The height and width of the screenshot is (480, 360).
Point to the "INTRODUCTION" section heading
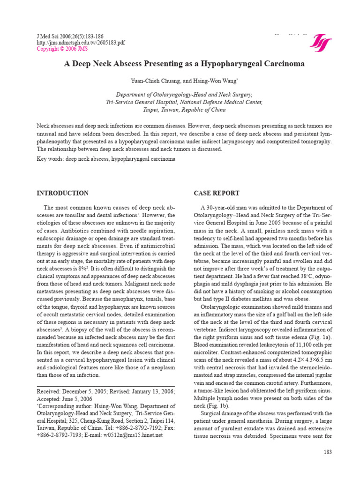[62, 193]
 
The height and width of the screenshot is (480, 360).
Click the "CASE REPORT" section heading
[217, 193]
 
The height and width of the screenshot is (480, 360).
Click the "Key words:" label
[51, 159]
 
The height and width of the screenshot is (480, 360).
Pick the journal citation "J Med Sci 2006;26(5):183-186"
[70, 36]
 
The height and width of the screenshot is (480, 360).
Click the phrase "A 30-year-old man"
[224, 207]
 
